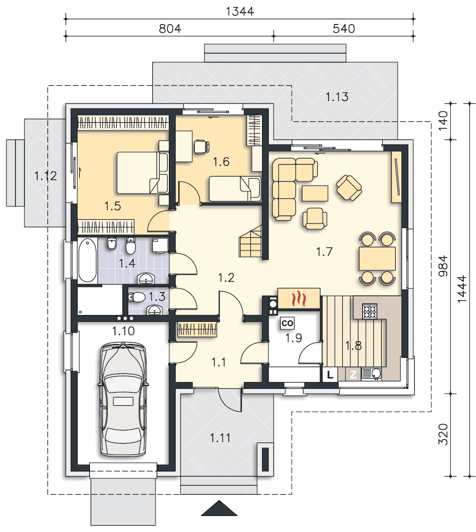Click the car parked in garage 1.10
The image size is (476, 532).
[x=123, y=400]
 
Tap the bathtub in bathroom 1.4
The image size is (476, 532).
[x=87, y=260]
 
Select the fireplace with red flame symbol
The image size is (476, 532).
[x=299, y=298]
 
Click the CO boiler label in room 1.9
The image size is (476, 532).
[x=287, y=323]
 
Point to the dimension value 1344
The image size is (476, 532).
[x=240, y=12]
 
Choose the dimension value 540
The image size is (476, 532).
[x=343, y=29]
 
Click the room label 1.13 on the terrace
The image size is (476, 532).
[x=337, y=97]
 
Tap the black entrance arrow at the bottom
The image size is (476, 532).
[x=219, y=508]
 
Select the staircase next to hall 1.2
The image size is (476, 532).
[x=251, y=242]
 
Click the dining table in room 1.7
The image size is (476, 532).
[x=377, y=259]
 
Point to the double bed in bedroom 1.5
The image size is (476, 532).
[x=142, y=172]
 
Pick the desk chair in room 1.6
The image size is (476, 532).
[x=201, y=147]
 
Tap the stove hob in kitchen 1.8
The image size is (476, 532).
[x=370, y=311]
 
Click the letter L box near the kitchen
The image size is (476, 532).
[x=330, y=375]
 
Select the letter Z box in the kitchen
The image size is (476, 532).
[x=354, y=375]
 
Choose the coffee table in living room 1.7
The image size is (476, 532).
[x=315, y=194]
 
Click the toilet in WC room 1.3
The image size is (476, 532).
[x=136, y=297]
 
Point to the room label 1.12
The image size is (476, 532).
[x=45, y=176]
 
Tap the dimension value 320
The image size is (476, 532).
[x=443, y=434]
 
